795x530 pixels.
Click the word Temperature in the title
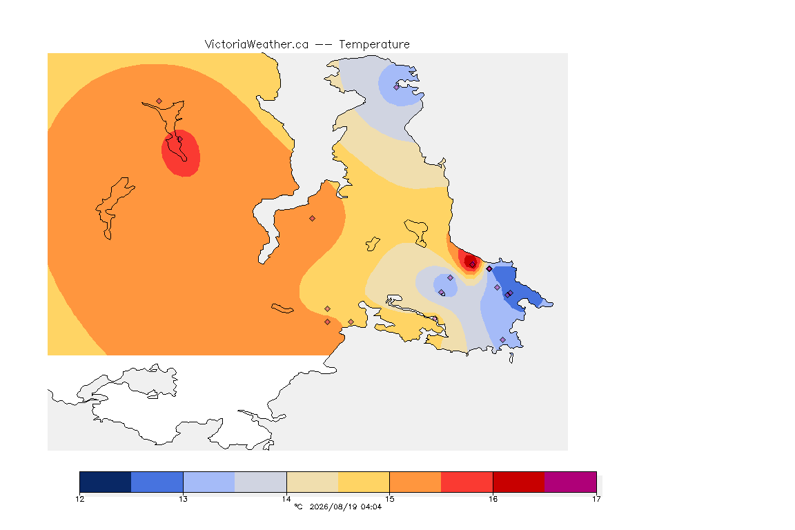(374, 45)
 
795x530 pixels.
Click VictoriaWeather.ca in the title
(257, 45)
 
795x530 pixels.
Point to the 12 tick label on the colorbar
(79, 499)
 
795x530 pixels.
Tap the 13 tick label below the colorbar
(183, 499)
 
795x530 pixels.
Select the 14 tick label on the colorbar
(286, 499)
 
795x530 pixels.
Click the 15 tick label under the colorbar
(389, 499)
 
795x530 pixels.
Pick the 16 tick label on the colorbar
(493, 499)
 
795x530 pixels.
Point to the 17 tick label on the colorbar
(596, 499)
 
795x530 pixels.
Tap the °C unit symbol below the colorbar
(298, 507)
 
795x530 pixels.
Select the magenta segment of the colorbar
(571, 482)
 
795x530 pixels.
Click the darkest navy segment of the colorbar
(106, 482)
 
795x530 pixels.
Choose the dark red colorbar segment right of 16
(519, 482)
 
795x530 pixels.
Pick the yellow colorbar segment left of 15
(364, 482)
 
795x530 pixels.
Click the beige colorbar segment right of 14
(313, 482)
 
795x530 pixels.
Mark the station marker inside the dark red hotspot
(473, 265)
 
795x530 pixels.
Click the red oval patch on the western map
(181, 153)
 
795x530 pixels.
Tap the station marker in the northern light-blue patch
(397, 87)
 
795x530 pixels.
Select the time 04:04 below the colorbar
(371, 507)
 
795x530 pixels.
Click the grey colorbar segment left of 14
(261, 482)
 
